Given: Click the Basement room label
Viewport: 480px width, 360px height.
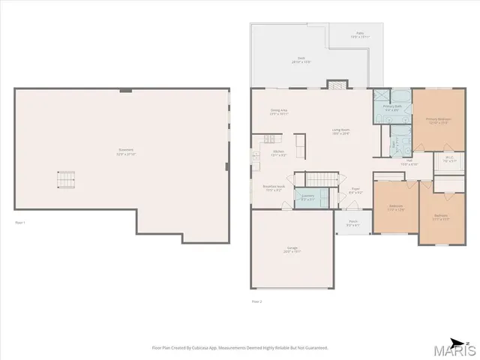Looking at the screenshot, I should tap(125, 151).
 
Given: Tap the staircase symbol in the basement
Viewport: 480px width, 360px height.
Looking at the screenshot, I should tap(67, 180).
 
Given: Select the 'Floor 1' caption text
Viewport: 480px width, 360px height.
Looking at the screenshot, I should tap(20, 223).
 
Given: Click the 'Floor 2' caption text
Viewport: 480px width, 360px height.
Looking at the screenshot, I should tap(256, 301).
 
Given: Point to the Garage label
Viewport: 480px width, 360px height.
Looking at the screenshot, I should tap(292, 250).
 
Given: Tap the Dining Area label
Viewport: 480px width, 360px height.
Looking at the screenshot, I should tap(279, 112).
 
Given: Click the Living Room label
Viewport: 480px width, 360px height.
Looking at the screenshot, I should tap(341, 130).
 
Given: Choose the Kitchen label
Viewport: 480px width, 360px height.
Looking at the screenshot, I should tap(278, 154).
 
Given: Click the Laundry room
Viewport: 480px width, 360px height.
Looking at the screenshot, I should tap(308, 198).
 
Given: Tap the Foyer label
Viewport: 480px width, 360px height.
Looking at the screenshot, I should tap(355, 190).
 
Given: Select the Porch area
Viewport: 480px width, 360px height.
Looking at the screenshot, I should tap(352, 223).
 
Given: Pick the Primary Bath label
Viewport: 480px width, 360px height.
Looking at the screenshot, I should tap(392, 108).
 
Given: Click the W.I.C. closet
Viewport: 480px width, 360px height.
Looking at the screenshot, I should tap(450, 160).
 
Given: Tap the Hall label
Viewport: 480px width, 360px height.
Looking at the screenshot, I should tap(409, 162).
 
